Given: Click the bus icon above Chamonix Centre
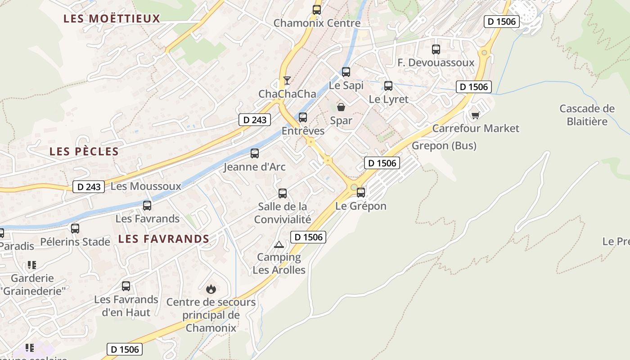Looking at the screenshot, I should tap(317, 10).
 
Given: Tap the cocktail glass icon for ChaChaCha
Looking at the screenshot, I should tap(287, 81).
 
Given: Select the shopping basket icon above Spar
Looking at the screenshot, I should tap(341, 107).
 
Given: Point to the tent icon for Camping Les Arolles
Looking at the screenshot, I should tap(279, 244).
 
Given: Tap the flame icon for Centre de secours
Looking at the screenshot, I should tap(211, 289).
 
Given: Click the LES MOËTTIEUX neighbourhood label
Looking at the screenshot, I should tap(112, 18).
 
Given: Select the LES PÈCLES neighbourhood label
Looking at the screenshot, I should tap(84, 151).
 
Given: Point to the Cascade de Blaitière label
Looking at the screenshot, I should tap(587, 115).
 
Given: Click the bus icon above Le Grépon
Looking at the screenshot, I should tap(361, 193).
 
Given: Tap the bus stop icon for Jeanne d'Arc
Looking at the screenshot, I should tap(255, 153).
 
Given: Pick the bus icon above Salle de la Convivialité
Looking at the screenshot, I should tap(283, 193).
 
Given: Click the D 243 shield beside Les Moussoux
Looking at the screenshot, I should tap(89, 186).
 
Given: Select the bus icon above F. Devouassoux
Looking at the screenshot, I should tap(436, 49).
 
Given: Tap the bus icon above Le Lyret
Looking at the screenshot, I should tap(388, 86).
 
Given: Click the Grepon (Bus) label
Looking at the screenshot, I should tap(444, 146).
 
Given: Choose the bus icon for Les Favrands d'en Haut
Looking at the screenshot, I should tap(126, 286).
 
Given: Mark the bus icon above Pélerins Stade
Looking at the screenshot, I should tap(75, 229).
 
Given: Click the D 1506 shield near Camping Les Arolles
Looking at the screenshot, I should tap(308, 237).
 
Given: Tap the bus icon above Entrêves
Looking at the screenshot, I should tap(303, 117).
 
